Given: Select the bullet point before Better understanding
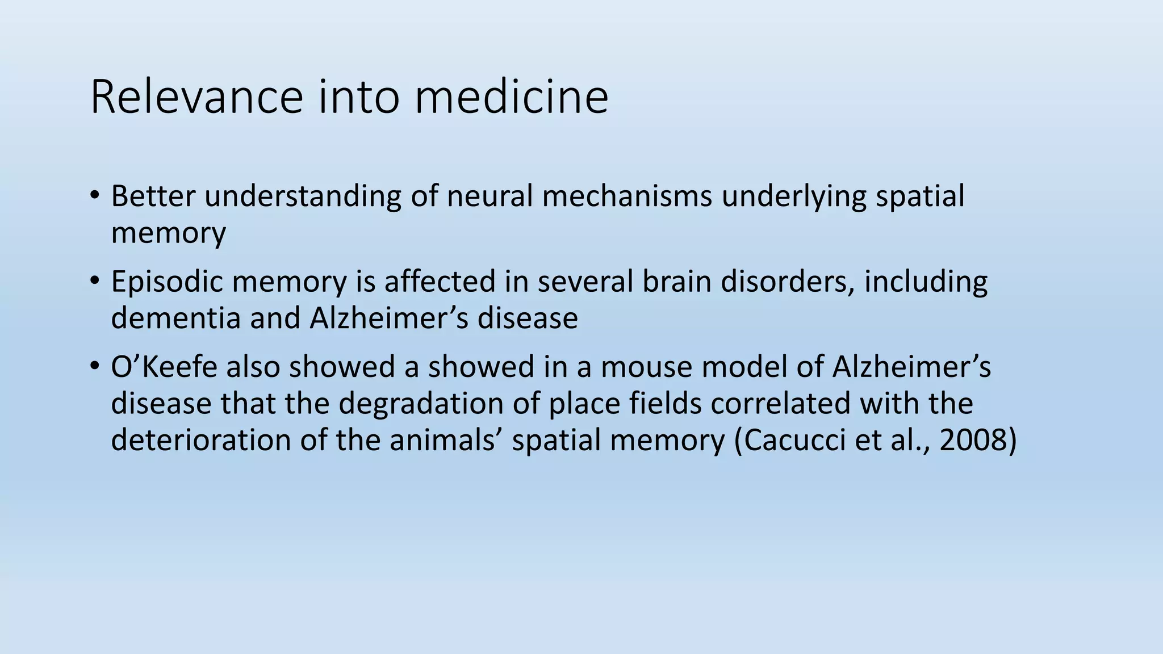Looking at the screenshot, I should (94, 196).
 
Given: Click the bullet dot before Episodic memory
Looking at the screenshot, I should (94, 281).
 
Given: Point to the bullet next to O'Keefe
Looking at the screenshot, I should (94, 366).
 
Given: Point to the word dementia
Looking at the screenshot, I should (176, 318).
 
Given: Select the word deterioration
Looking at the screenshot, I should (201, 440).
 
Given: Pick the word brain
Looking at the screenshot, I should (677, 281).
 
